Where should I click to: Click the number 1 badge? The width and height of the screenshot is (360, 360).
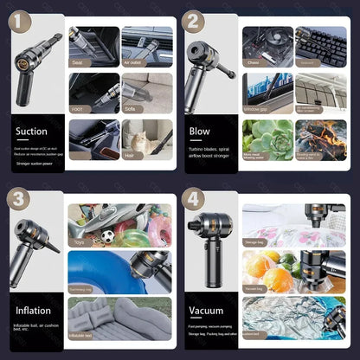coord(18,19)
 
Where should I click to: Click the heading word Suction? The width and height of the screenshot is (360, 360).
coord(31,132)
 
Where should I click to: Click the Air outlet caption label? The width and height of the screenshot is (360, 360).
coord(132,63)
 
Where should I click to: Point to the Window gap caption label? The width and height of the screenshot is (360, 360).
coord(256,110)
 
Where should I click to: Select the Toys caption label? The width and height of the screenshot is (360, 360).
coord(80,245)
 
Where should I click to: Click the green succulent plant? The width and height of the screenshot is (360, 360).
coord(264,136)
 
